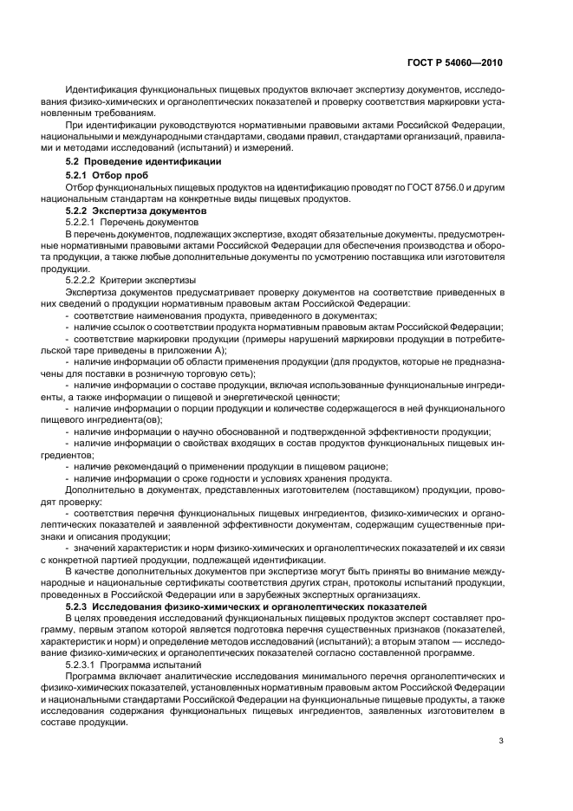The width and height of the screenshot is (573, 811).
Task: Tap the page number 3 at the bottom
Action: coord(501,740)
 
